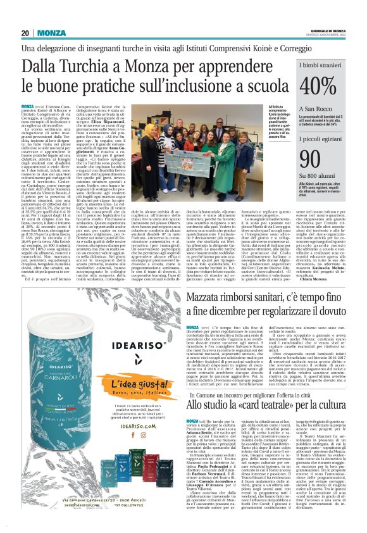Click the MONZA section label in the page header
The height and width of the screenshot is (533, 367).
point(51,33)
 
